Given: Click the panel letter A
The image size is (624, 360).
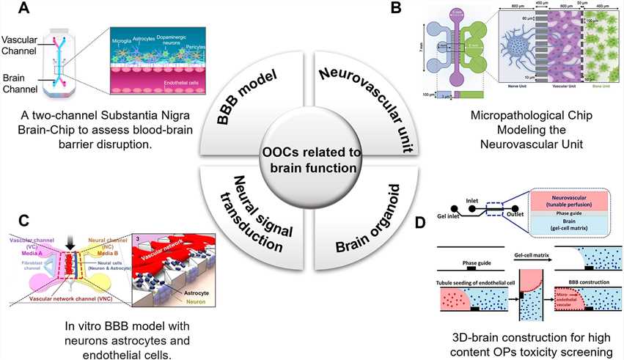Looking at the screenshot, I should point(24,9).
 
